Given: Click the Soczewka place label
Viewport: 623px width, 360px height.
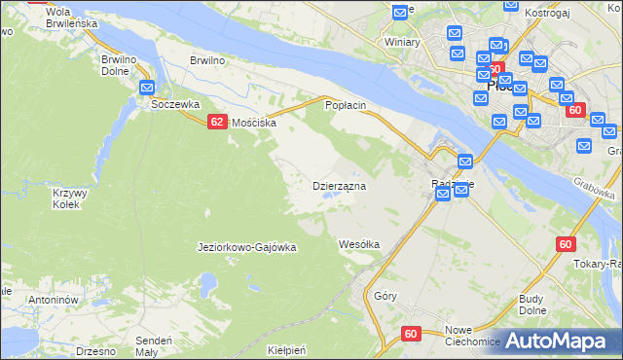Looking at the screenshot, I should click(168, 103).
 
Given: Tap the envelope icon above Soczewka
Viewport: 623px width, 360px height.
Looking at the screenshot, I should click(148, 87).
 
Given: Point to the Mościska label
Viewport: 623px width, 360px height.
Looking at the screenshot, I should click(252, 124).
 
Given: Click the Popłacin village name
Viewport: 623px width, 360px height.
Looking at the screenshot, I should click(346, 104).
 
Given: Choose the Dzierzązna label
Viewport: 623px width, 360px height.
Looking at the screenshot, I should click(338, 186).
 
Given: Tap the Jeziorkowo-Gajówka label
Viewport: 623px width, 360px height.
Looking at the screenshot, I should click(246, 247).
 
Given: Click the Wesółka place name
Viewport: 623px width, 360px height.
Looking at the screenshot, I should click(358, 244).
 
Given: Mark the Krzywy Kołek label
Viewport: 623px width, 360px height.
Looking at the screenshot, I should click(69, 198).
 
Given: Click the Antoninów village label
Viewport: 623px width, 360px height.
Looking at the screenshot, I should click(53, 301).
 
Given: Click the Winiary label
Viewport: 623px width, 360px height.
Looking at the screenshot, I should click(402, 43).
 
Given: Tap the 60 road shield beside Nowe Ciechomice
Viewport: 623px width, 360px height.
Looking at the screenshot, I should click(410, 334).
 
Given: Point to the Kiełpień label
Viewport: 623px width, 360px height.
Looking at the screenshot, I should click(286, 349).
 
